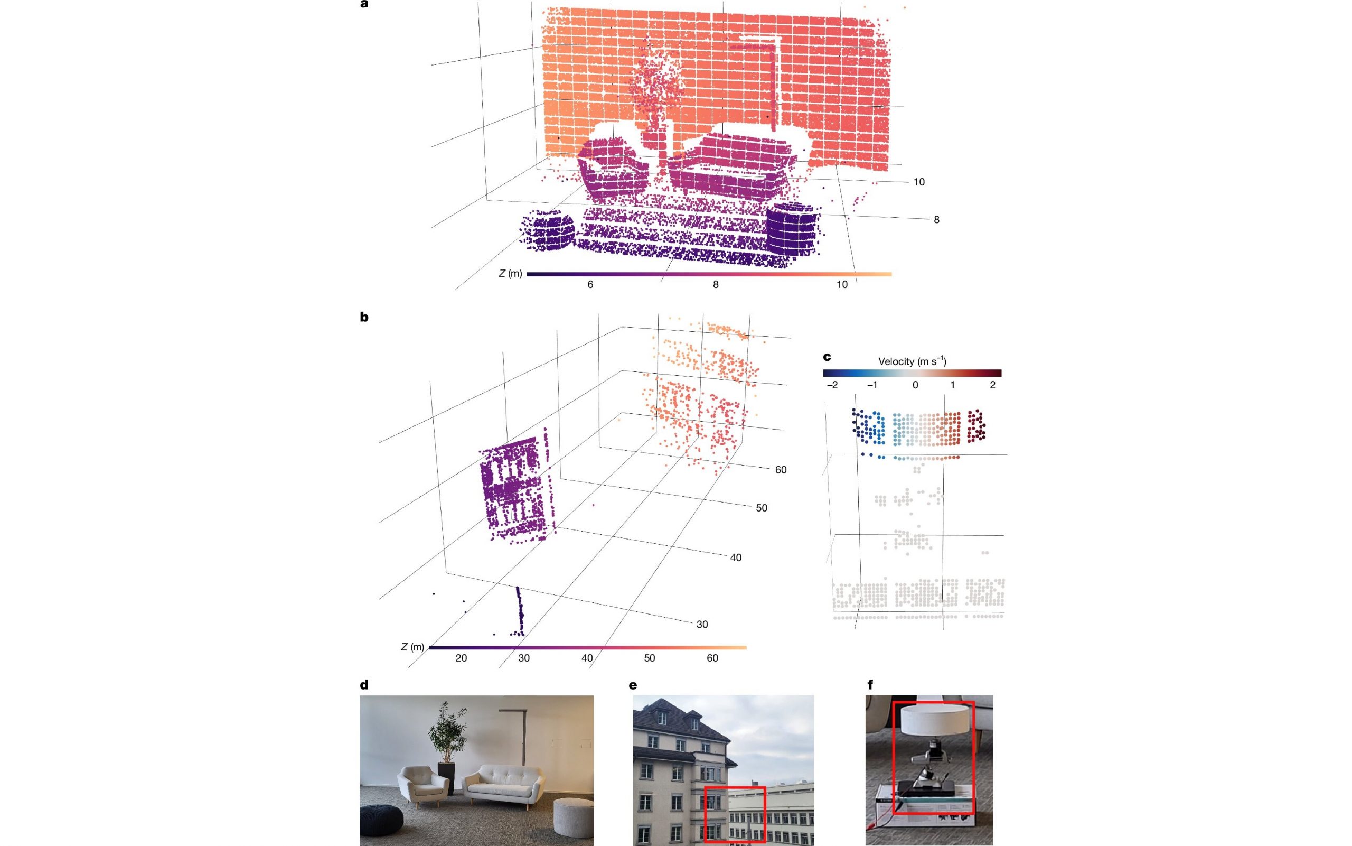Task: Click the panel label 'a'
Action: pyautogui.click(x=364, y=4)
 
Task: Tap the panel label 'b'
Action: pyautogui.click(x=364, y=317)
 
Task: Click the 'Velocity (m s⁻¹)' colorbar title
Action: pyautogui.click(x=912, y=361)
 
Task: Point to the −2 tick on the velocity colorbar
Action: pyautogui.click(x=832, y=385)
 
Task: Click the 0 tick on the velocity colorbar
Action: pyautogui.click(x=915, y=385)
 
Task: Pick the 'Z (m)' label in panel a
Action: pyautogui.click(x=511, y=274)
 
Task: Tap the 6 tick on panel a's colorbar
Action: pyautogui.click(x=590, y=285)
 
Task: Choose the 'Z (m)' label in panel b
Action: pyautogui.click(x=412, y=647)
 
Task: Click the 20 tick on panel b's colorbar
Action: pyautogui.click(x=461, y=658)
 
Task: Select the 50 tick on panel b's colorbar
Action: pyautogui.click(x=649, y=658)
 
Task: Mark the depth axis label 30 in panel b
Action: pyautogui.click(x=702, y=625)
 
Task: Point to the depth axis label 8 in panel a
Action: pyautogui.click(x=936, y=220)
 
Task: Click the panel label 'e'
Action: pyautogui.click(x=633, y=685)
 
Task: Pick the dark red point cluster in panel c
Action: pyautogui.click(x=977, y=426)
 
